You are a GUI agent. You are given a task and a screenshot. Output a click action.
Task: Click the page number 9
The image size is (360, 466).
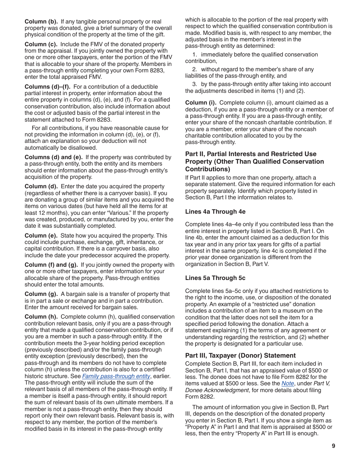point(333,446)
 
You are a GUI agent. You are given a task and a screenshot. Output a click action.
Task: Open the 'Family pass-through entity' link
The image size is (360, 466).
point(116,376)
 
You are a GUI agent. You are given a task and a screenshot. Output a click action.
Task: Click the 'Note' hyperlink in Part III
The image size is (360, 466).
point(288,383)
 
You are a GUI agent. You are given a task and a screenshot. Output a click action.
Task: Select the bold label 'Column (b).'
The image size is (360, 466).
point(41,21)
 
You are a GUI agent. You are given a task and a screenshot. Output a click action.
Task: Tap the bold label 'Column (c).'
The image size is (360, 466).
point(41,44)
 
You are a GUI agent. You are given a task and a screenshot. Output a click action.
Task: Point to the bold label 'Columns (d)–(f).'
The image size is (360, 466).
point(47,86)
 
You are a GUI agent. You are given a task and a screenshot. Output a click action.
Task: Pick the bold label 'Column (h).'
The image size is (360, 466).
point(41,317)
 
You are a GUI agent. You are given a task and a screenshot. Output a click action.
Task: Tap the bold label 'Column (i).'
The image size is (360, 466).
point(201,103)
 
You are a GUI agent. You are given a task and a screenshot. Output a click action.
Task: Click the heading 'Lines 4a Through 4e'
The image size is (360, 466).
point(215,211)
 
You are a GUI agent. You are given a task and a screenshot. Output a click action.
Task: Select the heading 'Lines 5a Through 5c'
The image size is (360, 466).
point(215,278)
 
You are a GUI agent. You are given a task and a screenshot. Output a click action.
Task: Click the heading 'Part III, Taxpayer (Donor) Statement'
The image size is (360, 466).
point(240,355)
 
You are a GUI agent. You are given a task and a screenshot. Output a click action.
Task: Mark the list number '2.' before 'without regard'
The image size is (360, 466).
point(195,69)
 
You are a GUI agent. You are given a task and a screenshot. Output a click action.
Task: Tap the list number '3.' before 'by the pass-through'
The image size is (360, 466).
point(195,84)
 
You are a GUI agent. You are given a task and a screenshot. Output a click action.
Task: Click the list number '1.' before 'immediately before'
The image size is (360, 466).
point(195,55)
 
